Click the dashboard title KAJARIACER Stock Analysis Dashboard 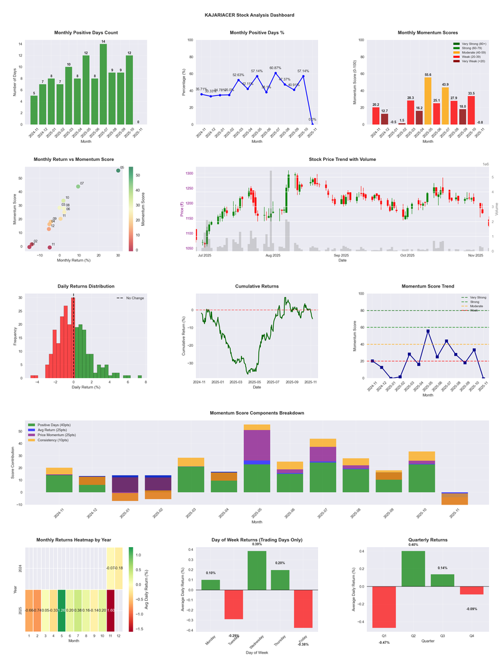point(249,15)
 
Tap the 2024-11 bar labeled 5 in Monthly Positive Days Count point(34,110)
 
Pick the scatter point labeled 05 point(118,170)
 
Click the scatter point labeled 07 point(78,187)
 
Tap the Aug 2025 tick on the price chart point(273,256)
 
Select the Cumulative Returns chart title point(257,286)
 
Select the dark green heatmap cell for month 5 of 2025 point(62,611)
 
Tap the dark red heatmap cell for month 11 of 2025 point(111,611)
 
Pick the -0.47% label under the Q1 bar point(384,642)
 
